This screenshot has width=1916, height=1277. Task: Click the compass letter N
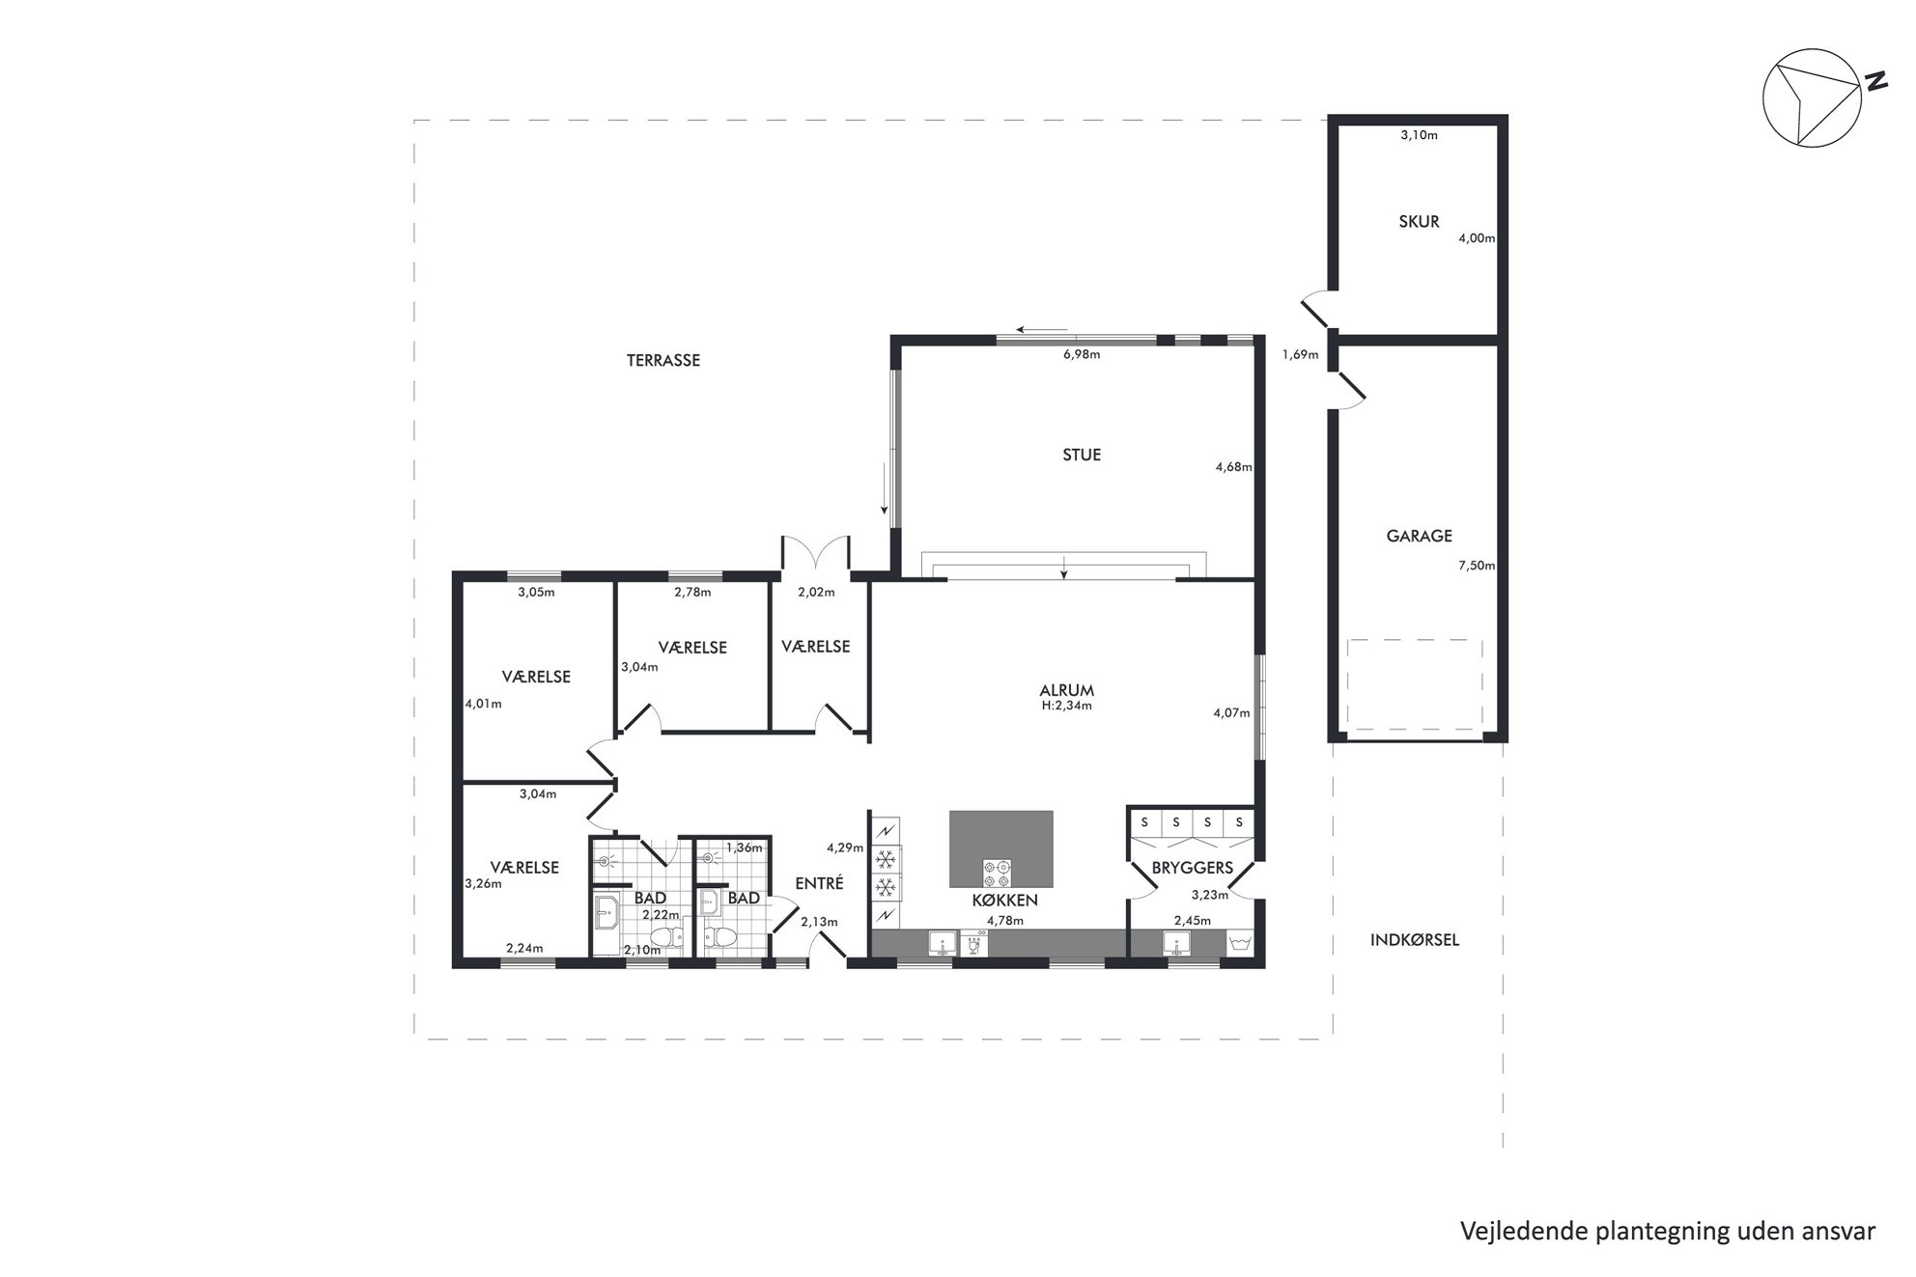1875,82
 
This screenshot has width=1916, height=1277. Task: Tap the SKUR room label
1419,221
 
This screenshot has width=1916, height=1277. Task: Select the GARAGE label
1419,536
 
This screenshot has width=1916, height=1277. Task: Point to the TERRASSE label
663,360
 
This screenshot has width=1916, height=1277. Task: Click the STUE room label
1082,455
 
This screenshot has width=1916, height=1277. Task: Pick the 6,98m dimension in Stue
1082,354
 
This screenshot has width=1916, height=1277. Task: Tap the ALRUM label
1067,690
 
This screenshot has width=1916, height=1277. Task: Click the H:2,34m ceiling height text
1066,706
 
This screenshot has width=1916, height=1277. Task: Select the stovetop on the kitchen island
998,872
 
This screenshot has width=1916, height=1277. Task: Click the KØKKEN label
1004,901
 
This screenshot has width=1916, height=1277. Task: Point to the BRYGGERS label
1193,868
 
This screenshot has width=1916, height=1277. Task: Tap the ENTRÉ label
819,883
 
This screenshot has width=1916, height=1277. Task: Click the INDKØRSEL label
1415,939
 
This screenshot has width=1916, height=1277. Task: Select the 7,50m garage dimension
1477,566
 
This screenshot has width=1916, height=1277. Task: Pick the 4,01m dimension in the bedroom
484,704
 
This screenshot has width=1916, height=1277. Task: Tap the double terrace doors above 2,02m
815,553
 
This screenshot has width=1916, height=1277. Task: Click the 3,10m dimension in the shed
1419,135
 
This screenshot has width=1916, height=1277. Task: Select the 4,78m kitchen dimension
1004,920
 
